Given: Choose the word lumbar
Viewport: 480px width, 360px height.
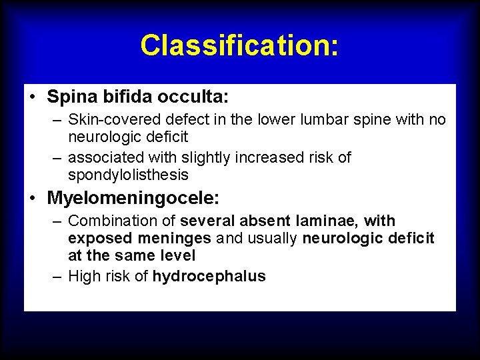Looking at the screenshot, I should coord(325,120).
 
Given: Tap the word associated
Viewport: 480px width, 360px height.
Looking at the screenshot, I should coord(105,158).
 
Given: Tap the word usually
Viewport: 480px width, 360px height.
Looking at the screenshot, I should coord(273,238).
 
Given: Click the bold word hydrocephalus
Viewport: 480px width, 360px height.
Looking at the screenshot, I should coord(209,277).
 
